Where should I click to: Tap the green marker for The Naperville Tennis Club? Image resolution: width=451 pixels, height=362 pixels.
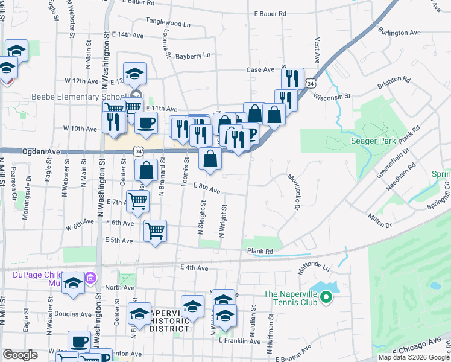[x=326, y=297]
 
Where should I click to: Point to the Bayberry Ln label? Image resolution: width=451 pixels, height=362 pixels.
[x=193, y=56]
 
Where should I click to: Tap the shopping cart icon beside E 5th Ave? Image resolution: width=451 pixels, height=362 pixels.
[x=156, y=230]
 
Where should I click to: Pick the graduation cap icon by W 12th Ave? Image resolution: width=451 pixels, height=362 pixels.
[x=135, y=73]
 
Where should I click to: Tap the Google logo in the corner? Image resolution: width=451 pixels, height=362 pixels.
[x=20, y=355]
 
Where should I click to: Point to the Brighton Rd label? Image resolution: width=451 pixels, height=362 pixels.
[x=393, y=83]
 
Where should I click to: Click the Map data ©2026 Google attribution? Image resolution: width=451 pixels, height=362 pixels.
[x=414, y=357]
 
